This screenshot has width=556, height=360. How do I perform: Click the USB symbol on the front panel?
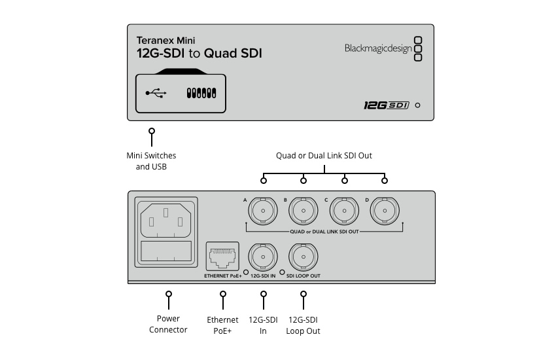[156, 93]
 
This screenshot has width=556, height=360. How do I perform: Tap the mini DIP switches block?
[201, 93]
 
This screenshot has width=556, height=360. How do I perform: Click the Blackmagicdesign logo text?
[378, 48]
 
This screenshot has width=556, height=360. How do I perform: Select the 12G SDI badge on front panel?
[386, 105]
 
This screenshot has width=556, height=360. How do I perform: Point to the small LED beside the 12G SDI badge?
[418, 105]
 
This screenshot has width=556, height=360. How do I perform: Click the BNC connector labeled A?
[263, 211]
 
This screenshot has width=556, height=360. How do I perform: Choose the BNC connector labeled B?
[303, 211]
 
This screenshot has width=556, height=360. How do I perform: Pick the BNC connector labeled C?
[344, 211]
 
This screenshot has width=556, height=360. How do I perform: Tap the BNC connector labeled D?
[385, 211]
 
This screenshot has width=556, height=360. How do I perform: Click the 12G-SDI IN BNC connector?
[263, 257]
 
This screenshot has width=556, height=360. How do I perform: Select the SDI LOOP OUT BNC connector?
[303, 257]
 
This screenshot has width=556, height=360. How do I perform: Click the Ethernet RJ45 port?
[222, 257]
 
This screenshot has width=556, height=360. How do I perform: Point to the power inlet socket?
[166, 220]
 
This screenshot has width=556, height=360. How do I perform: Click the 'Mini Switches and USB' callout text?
[151, 161]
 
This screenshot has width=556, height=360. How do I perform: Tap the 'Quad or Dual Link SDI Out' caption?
[324, 156]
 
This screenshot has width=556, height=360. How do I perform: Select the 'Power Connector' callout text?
[168, 324]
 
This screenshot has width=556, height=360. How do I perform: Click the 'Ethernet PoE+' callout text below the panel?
[222, 325]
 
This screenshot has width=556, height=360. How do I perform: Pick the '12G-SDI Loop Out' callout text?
[303, 325]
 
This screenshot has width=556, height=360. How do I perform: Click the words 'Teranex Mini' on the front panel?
[166, 41]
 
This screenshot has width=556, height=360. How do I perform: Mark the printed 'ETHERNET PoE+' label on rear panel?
[222, 276]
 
